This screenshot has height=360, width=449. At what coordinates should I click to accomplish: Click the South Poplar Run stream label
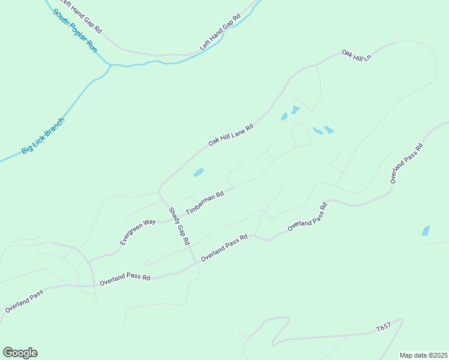point(76,30)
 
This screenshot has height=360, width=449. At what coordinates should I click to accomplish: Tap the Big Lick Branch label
point(43,136)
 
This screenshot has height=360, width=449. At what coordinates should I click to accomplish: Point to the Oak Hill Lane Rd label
point(231,135)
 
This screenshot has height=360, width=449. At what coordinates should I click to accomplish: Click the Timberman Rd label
point(205,203)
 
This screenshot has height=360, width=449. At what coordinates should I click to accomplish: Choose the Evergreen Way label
point(138,232)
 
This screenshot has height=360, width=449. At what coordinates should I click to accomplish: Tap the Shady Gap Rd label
point(179,226)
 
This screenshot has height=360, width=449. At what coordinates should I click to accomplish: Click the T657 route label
point(383,328)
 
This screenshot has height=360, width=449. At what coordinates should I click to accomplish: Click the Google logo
point(20,353)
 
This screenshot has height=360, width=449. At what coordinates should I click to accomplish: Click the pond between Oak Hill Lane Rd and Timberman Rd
point(198,173)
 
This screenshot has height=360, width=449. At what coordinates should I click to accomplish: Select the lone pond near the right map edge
point(426,230)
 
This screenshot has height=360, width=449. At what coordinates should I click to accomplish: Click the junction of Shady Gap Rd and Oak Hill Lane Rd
point(160,191)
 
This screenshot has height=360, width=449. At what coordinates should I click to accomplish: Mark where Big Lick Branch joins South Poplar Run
point(110,65)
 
